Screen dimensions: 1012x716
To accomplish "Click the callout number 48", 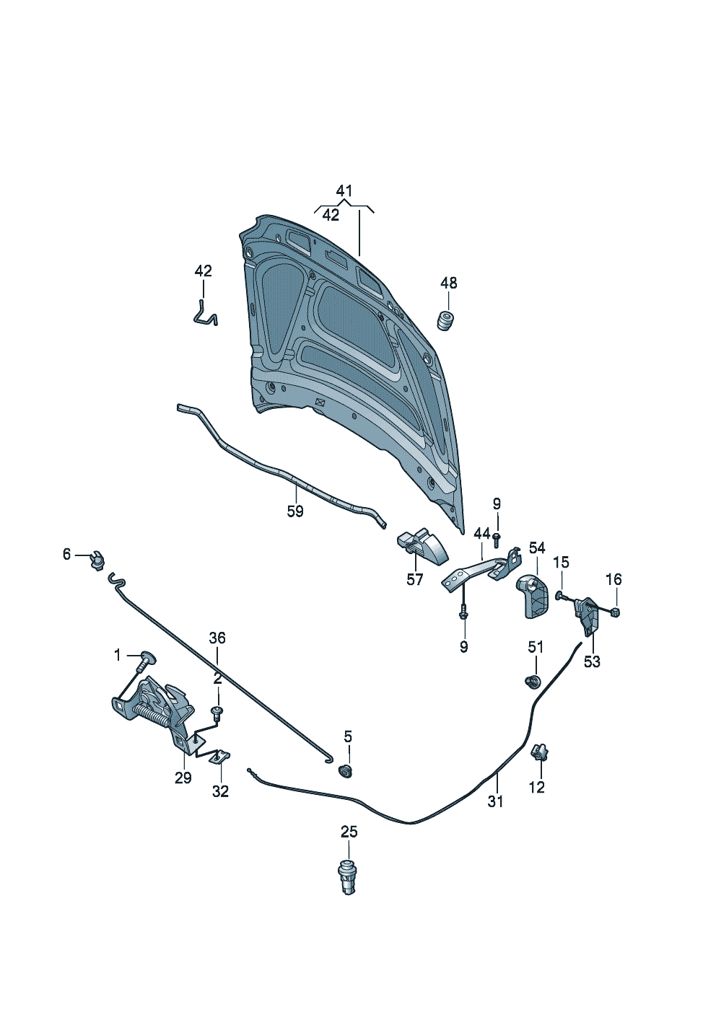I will tap(449, 283).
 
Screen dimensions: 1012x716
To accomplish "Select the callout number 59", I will tap(295, 511).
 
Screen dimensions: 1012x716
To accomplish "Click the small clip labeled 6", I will tap(97, 560).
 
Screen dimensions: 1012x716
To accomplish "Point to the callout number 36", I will tap(217, 638).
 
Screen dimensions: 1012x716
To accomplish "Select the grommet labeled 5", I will tap(346, 772).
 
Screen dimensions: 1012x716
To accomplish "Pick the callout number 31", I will tap(495, 801).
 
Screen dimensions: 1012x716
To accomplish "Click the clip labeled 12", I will tap(538, 754).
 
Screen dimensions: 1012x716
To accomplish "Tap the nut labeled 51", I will tap(532, 680).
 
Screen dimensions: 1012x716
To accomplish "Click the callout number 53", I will tap(592, 661).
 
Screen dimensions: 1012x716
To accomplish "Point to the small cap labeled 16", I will tap(616, 612).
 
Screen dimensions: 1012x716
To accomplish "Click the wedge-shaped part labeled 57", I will tap(423, 546).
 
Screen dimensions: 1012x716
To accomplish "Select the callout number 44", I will tap(482, 534).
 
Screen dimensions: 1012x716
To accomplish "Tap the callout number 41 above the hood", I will tap(344, 191).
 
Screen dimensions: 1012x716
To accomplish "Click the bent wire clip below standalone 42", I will tap(206, 314).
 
